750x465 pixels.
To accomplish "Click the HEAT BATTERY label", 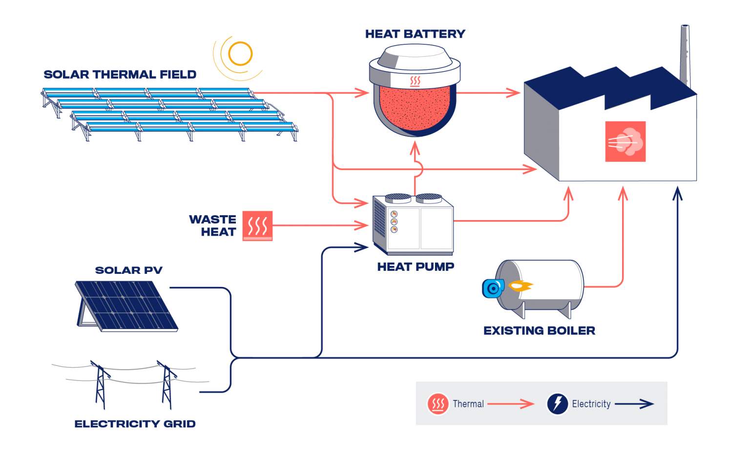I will click(415, 34).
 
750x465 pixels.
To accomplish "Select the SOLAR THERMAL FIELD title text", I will click(120, 74).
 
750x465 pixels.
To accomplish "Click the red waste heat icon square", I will click(257, 226).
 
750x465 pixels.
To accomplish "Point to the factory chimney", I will click(685, 54).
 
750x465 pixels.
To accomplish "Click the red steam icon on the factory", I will click(625, 142).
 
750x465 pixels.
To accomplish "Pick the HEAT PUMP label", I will click(416, 266).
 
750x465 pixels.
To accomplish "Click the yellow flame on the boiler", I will click(520, 286).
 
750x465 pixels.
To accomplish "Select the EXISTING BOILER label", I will click(539, 331).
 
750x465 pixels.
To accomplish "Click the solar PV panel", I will click(127, 306).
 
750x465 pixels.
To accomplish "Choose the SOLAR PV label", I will click(128, 270).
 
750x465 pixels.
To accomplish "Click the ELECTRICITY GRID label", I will click(135, 423).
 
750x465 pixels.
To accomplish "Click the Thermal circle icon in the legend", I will click(438, 404).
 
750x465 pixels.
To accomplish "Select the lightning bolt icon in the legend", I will click(557, 404).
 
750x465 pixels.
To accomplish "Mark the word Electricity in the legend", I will click(591, 404).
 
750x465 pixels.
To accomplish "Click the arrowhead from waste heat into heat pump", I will click(362, 225).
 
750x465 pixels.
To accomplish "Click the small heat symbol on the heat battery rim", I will click(415, 81).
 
